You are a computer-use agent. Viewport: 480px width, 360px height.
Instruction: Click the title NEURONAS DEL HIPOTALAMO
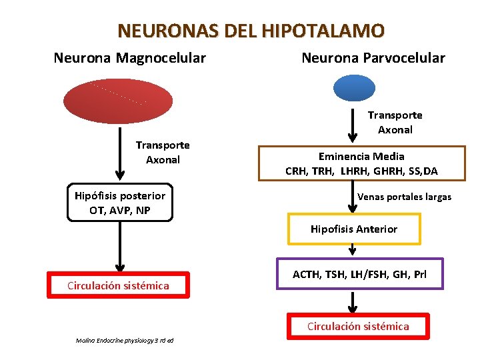tap(251, 31)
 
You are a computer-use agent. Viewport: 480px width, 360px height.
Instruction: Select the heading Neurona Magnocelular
tap(129, 58)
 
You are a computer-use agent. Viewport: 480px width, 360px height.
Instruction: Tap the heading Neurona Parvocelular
tap(373, 58)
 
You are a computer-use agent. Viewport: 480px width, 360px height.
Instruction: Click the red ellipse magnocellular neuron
tap(117, 101)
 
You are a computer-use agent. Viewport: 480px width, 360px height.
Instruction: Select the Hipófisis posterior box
tap(120, 203)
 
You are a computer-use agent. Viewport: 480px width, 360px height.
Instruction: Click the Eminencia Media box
tap(361, 163)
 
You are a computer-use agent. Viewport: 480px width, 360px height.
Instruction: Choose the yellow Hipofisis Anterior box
tap(353, 229)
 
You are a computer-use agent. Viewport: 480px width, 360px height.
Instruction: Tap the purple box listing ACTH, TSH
tap(360, 273)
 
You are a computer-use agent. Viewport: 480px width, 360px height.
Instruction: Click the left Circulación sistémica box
tap(118, 286)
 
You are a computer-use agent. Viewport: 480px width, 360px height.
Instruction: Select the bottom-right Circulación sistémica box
tap(358, 326)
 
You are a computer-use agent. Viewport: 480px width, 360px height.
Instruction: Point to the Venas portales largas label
tap(404, 197)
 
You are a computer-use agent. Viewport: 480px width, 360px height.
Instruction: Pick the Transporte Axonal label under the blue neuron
tap(395, 122)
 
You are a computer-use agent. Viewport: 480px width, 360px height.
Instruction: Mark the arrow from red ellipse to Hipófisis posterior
tap(118, 153)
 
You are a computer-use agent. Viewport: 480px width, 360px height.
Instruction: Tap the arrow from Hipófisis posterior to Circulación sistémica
tap(118, 247)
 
